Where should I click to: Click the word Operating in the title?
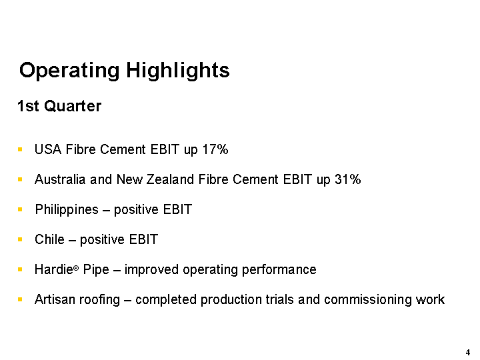pos(69,71)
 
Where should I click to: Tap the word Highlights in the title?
pos(178,71)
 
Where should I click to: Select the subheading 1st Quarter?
pos(59,106)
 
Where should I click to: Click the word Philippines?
pos(67,210)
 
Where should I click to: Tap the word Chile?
pos(49,239)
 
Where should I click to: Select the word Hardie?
pos(54,269)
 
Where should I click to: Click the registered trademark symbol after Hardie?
pos(76,268)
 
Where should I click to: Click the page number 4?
pos(468,353)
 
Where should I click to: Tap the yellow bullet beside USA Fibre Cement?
pos(20,149)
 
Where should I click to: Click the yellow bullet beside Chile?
pos(20,239)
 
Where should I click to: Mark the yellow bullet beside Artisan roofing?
pos(20,299)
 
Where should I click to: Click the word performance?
pos(279,270)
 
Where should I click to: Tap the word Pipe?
pos(96,270)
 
